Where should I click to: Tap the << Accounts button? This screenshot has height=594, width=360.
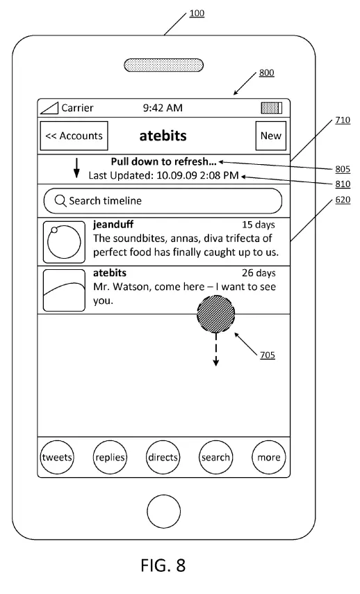[74, 136]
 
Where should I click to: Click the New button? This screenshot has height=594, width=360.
[270, 136]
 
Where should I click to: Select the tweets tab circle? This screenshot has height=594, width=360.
[57, 457]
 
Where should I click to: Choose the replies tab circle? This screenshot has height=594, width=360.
[110, 457]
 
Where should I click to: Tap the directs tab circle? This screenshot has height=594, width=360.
[163, 457]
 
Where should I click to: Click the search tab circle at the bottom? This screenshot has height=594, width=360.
[215, 457]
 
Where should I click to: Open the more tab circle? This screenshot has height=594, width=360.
[269, 457]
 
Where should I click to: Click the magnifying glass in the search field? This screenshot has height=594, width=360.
[60, 201]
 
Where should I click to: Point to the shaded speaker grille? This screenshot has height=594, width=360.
[163, 65]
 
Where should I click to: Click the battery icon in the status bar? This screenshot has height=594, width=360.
[272, 108]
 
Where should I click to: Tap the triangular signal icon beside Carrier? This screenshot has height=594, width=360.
[49, 108]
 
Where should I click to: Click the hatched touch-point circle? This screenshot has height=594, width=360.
[215, 314]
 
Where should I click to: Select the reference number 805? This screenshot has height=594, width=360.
[343, 169]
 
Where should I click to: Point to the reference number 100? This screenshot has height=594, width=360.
[197, 13]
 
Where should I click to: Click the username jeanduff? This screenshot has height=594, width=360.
[113, 225]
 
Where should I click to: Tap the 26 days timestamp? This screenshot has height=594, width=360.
[259, 273]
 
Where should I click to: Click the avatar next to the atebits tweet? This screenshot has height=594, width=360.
[64, 290]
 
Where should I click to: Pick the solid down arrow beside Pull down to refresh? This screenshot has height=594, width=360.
[76, 168]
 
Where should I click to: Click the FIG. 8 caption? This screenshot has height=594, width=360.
[163, 565]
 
